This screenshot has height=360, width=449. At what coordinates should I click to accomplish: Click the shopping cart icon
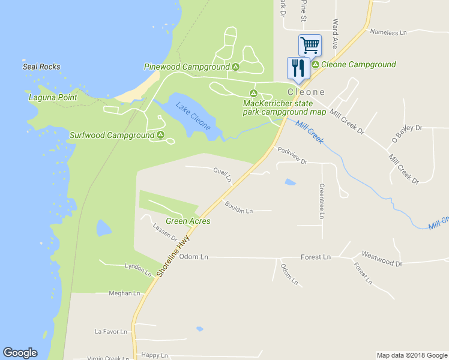310,44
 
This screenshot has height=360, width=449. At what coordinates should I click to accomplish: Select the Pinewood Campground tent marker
236,67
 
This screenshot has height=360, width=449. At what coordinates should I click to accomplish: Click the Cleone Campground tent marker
315,64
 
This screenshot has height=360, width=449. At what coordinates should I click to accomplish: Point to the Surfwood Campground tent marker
160,135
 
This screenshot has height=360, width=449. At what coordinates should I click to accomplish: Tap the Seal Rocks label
41,67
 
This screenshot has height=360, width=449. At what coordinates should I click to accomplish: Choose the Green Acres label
188,221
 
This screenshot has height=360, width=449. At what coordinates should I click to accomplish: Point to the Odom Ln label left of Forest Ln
194,257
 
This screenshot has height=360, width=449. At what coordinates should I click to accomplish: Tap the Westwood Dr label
381,259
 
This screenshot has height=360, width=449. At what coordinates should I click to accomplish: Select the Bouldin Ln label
239,208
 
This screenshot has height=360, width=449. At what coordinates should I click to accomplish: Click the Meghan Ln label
124,293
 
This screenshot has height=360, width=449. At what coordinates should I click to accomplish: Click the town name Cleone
306,92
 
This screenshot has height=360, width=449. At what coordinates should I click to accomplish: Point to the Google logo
20,353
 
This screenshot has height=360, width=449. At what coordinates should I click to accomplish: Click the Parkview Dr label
292,158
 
